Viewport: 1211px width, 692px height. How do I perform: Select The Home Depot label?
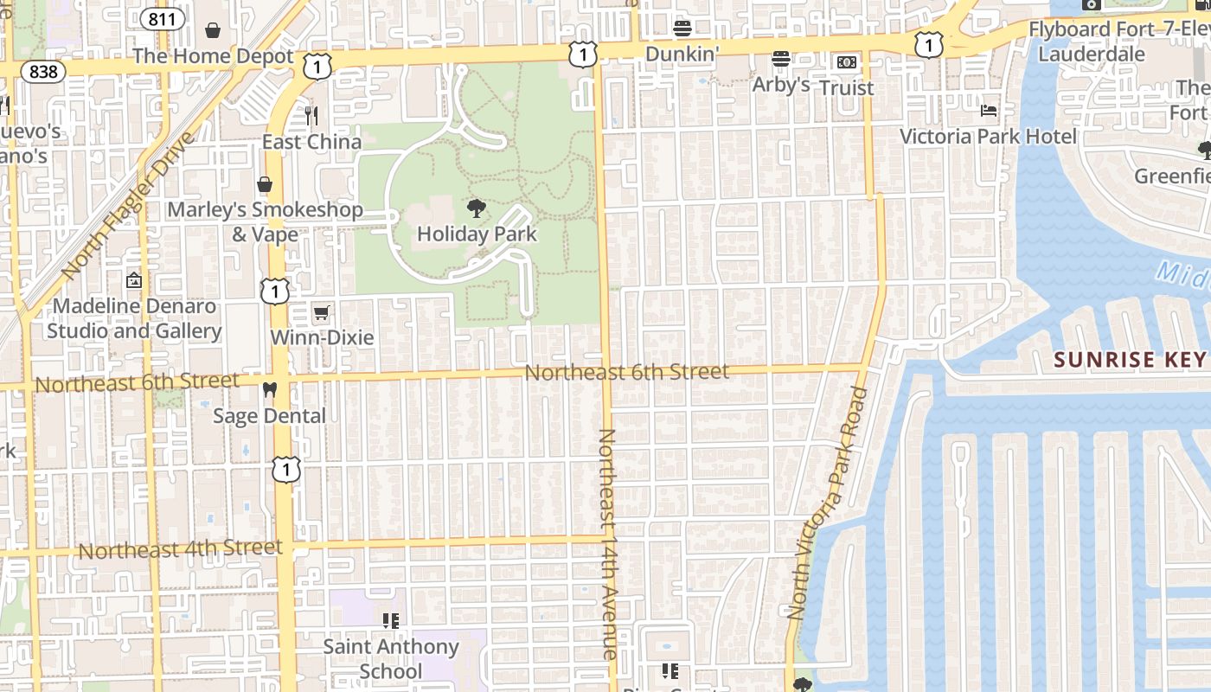click(214, 57)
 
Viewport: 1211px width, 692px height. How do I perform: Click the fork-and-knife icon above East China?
click(311, 115)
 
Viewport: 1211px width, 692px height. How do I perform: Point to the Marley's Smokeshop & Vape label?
click(265, 221)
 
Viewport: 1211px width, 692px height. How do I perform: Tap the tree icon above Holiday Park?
click(476, 208)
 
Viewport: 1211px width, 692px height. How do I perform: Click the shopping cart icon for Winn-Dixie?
click(322, 312)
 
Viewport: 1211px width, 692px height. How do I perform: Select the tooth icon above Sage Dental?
click(269, 389)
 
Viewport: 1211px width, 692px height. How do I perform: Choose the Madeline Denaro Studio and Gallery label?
click(134, 318)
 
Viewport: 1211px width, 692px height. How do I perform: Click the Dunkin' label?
click(682, 54)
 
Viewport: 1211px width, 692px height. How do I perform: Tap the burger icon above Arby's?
click(781, 59)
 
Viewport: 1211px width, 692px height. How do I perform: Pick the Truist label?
click(847, 87)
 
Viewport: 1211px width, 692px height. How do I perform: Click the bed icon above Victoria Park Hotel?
click(989, 110)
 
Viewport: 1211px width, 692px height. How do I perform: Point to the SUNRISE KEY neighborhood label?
click(1129, 360)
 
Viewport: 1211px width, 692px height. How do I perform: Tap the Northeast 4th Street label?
click(180, 549)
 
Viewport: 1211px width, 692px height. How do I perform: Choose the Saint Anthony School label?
click(391, 658)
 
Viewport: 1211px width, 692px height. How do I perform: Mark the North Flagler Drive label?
click(125, 206)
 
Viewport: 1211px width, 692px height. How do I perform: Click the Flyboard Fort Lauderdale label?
click(1091, 42)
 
